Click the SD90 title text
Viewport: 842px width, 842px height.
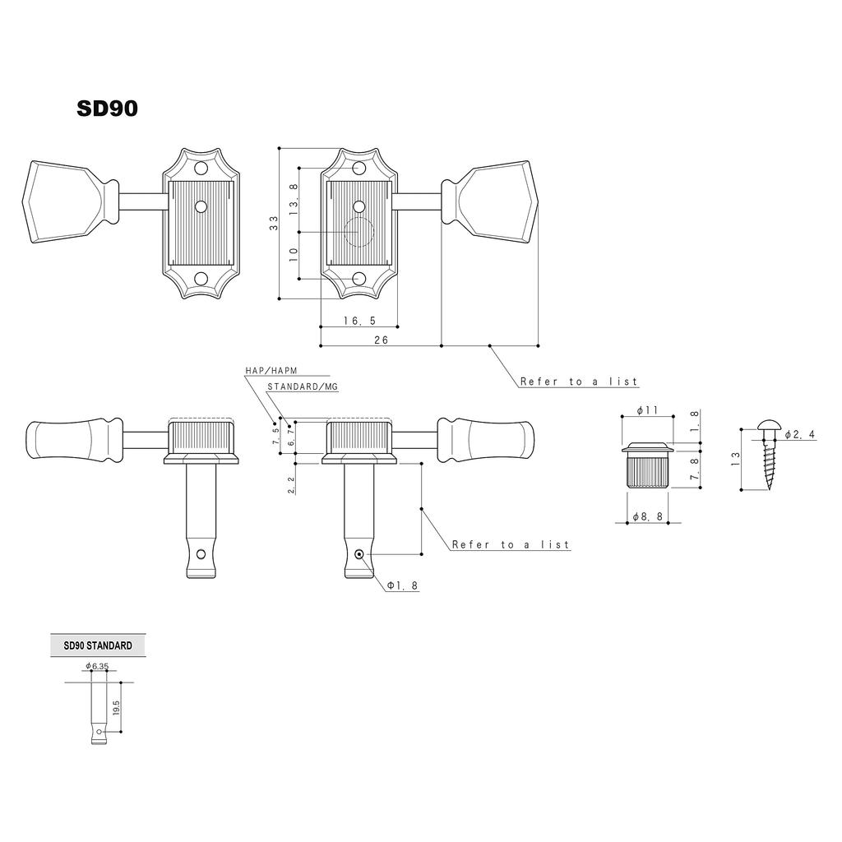click(x=107, y=109)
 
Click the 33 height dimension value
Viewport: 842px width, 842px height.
click(x=274, y=222)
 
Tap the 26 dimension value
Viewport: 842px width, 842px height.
click(x=381, y=339)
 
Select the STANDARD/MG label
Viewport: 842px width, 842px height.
click(x=302, y=386)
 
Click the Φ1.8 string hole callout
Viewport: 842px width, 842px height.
click(x=403, y=585)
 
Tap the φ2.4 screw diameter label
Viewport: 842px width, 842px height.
click(x=799, y=434)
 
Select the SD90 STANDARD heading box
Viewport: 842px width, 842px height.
click(x=97, y=646)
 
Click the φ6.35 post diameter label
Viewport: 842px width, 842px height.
click(x=96, y=667)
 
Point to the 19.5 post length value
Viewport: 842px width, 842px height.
click(x=116, y=707)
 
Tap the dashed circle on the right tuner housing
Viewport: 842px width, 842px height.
click(x=359, y=234)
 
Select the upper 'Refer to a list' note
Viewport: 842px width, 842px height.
click(x=578, y=382)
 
